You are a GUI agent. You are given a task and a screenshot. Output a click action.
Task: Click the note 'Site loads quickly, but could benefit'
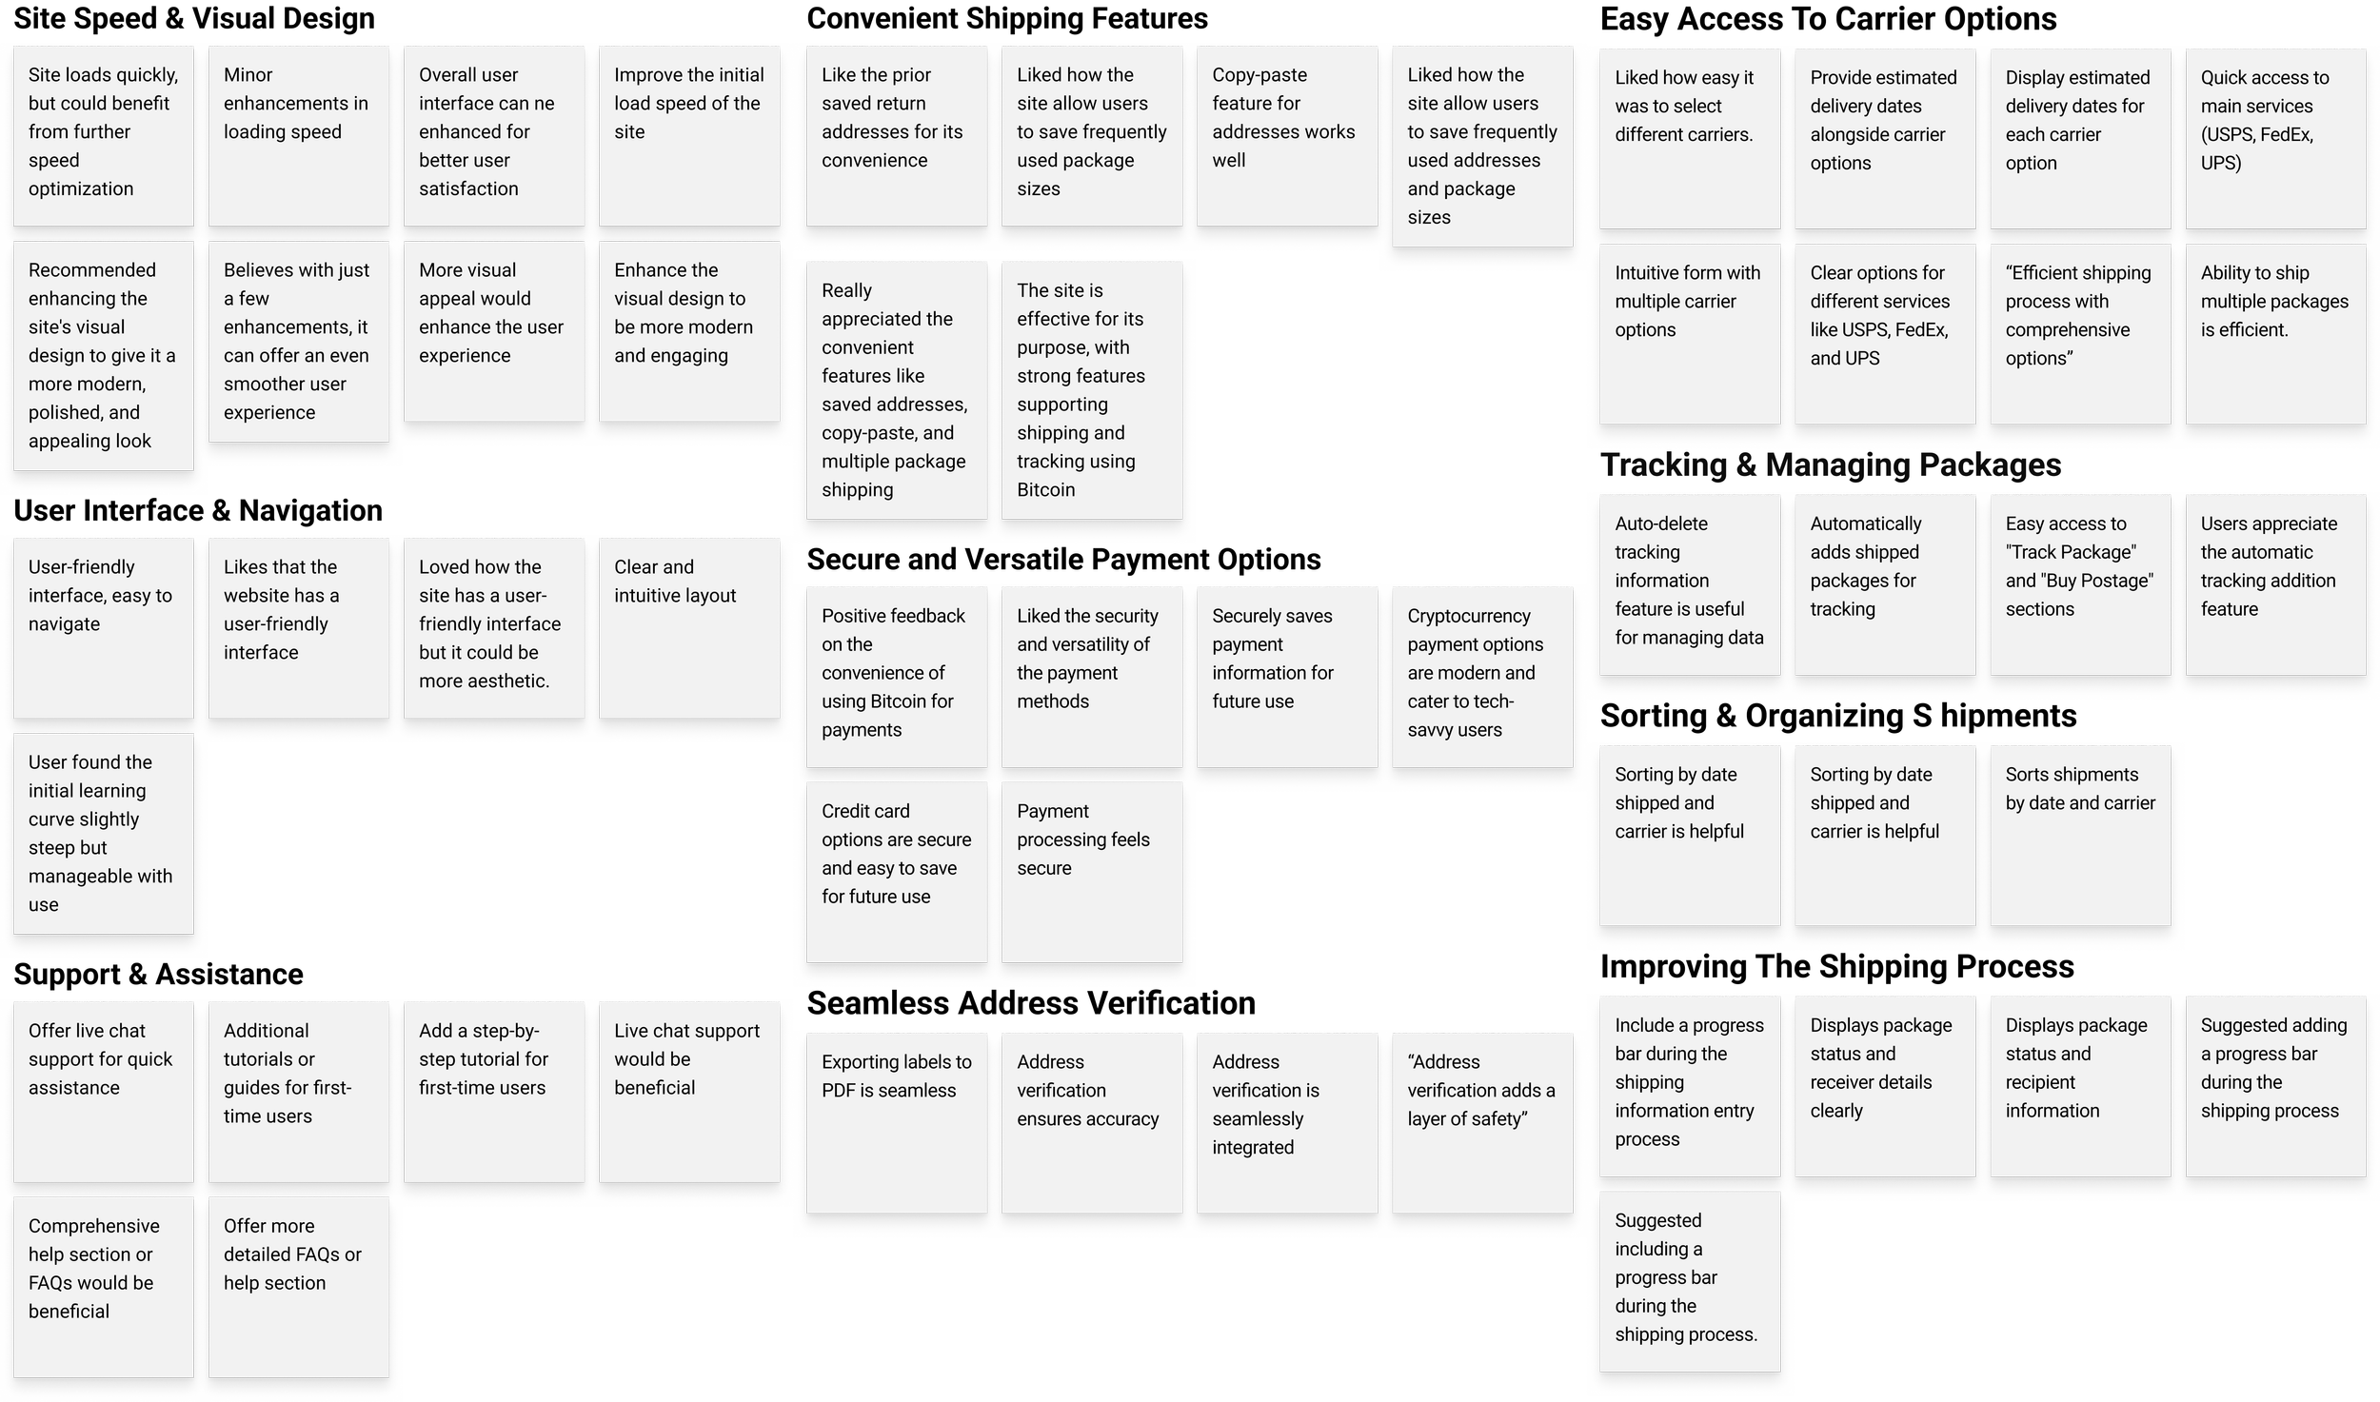click(x=103, y=134)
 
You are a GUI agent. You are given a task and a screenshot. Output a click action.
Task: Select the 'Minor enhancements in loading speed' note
click(x=298, y=134)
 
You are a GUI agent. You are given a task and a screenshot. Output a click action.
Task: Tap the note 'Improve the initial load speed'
click(x=688, y=134)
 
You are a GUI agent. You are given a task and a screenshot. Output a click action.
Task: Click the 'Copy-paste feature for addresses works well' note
click(x=1286, y=134)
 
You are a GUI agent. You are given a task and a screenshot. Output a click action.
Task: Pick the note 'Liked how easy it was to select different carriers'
click(x=1689, y=137)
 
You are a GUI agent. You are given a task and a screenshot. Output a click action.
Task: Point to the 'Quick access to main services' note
click(x=2274, y=137)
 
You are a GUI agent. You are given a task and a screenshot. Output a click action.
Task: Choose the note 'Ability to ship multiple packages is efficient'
click(x=2274, y=332)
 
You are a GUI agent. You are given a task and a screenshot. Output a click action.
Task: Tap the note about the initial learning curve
click(x=103, y=833)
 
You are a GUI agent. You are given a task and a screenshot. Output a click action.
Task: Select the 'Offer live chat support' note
click(x=103, y=1090)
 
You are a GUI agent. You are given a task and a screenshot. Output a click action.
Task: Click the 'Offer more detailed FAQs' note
click(x=298, y=1285)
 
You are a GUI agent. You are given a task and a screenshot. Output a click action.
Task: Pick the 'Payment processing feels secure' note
click(x=1091, y=871)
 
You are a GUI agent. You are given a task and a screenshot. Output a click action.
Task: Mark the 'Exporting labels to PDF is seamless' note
click(x=896, y=1121)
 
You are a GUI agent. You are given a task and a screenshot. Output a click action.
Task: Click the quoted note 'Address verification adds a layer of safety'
click(x=1481, y=1121)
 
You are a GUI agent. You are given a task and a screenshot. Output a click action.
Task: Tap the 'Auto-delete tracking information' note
click(x=1689, y=583)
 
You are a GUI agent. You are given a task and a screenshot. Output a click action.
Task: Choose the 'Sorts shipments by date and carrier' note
click(x=2079, y=834)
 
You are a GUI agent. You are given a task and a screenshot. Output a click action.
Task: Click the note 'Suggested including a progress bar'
click(x=1689, y=1280)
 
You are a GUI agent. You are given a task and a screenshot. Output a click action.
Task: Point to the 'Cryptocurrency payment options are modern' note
click(x=1481, y=675)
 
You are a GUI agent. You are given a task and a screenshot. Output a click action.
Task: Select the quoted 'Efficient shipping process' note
click(x=2079, y=332)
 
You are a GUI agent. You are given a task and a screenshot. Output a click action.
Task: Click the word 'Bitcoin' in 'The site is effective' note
click(x=1045, y=490)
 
